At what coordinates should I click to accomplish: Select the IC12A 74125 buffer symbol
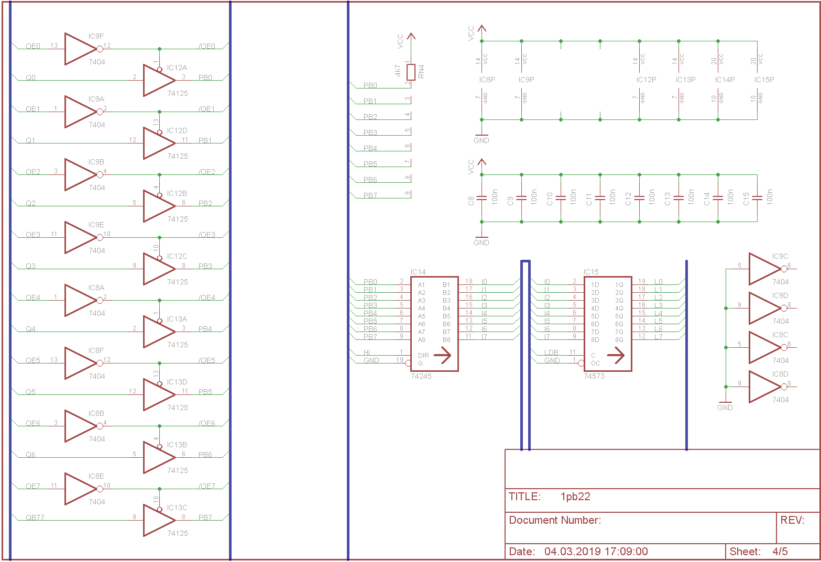coord(157,80)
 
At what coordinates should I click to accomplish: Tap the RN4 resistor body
coord(411,72)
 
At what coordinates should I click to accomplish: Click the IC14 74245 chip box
coord(434,324)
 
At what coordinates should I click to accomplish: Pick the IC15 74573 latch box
coord(607,324)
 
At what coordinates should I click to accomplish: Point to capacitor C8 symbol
coord(482,198)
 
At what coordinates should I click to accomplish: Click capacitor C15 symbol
coord(757,198)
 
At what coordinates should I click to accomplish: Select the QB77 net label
coord(35,517)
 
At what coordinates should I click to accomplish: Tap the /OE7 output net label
coord(207,486)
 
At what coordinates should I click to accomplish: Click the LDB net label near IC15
coord(551,352)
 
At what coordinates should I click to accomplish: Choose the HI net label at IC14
coord(367,352)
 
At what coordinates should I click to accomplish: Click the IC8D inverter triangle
coord(764,387)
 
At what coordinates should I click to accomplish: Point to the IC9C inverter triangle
coord(764,269)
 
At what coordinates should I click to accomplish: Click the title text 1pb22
coord(575,497)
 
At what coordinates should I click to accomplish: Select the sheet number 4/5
coord(780,552)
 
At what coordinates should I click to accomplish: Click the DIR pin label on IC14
coord(423,356)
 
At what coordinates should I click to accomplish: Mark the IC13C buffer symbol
coord(157,520)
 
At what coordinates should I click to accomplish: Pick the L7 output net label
coord(658,337)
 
